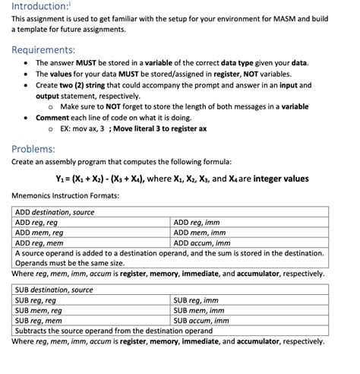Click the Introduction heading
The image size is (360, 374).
tap(41, 7)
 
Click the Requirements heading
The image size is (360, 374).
tap(43, 49)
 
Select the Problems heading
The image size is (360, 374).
tap(33, 148)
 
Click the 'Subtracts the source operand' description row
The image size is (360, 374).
tap(113, 331)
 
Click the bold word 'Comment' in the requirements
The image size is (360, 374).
tap(52, 118)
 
